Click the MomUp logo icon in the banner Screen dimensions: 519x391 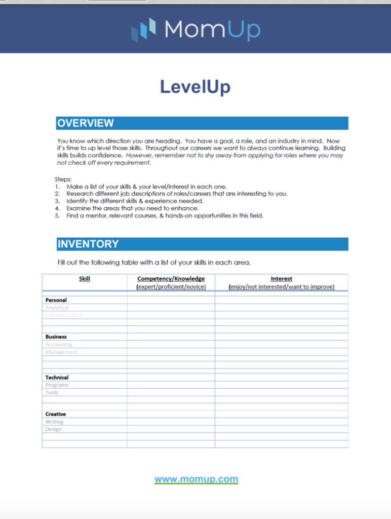[x=144, y=29]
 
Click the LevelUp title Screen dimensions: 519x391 [x=195, y=87]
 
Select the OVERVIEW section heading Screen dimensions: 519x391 [x=86, y=123]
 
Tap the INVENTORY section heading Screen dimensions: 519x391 [x=88, y=244]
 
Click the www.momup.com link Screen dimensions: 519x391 [x=196, y=479]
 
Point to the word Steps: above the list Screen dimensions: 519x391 [x=63, y=179]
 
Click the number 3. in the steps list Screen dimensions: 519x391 [x=57, y=201]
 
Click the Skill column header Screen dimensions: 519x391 [x=85, y=279]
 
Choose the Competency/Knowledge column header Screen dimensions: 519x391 [x=171, y=279]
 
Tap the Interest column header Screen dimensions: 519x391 [x=281, y=279]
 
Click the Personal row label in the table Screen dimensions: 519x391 [x=56, y=300]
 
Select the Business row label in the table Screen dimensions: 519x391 [x=56, y=337]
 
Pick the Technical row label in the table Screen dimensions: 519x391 [x=57, y=378]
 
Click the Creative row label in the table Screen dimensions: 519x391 [x=55, y=414]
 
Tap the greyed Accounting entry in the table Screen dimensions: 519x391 [x=59, y=345]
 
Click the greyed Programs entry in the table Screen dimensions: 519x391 [x=57, y=385]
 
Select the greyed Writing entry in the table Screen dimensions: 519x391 [x=54, y=422]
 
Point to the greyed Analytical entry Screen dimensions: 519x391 [x=57, y=308]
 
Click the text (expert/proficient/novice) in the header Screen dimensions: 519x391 [x=171, y=287]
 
